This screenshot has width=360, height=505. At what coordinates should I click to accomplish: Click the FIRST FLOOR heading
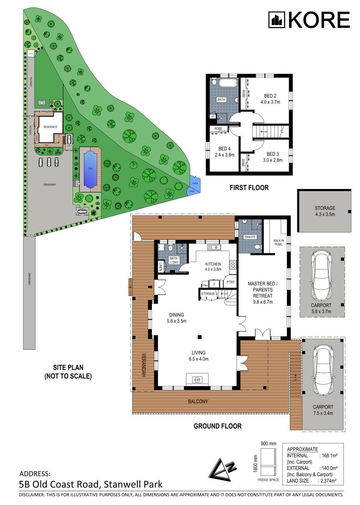pos(249,188)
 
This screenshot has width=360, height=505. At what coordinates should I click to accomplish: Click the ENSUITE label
pos(250,237)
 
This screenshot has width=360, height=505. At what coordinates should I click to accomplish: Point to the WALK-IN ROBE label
pos(279,242)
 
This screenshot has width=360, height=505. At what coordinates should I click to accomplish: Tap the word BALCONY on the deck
pos(197,401)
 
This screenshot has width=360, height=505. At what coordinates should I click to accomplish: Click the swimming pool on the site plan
pos(90,169)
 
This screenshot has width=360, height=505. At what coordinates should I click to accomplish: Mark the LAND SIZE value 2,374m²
pos(328,481)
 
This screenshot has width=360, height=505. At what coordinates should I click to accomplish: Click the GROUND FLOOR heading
pos(217,427)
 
